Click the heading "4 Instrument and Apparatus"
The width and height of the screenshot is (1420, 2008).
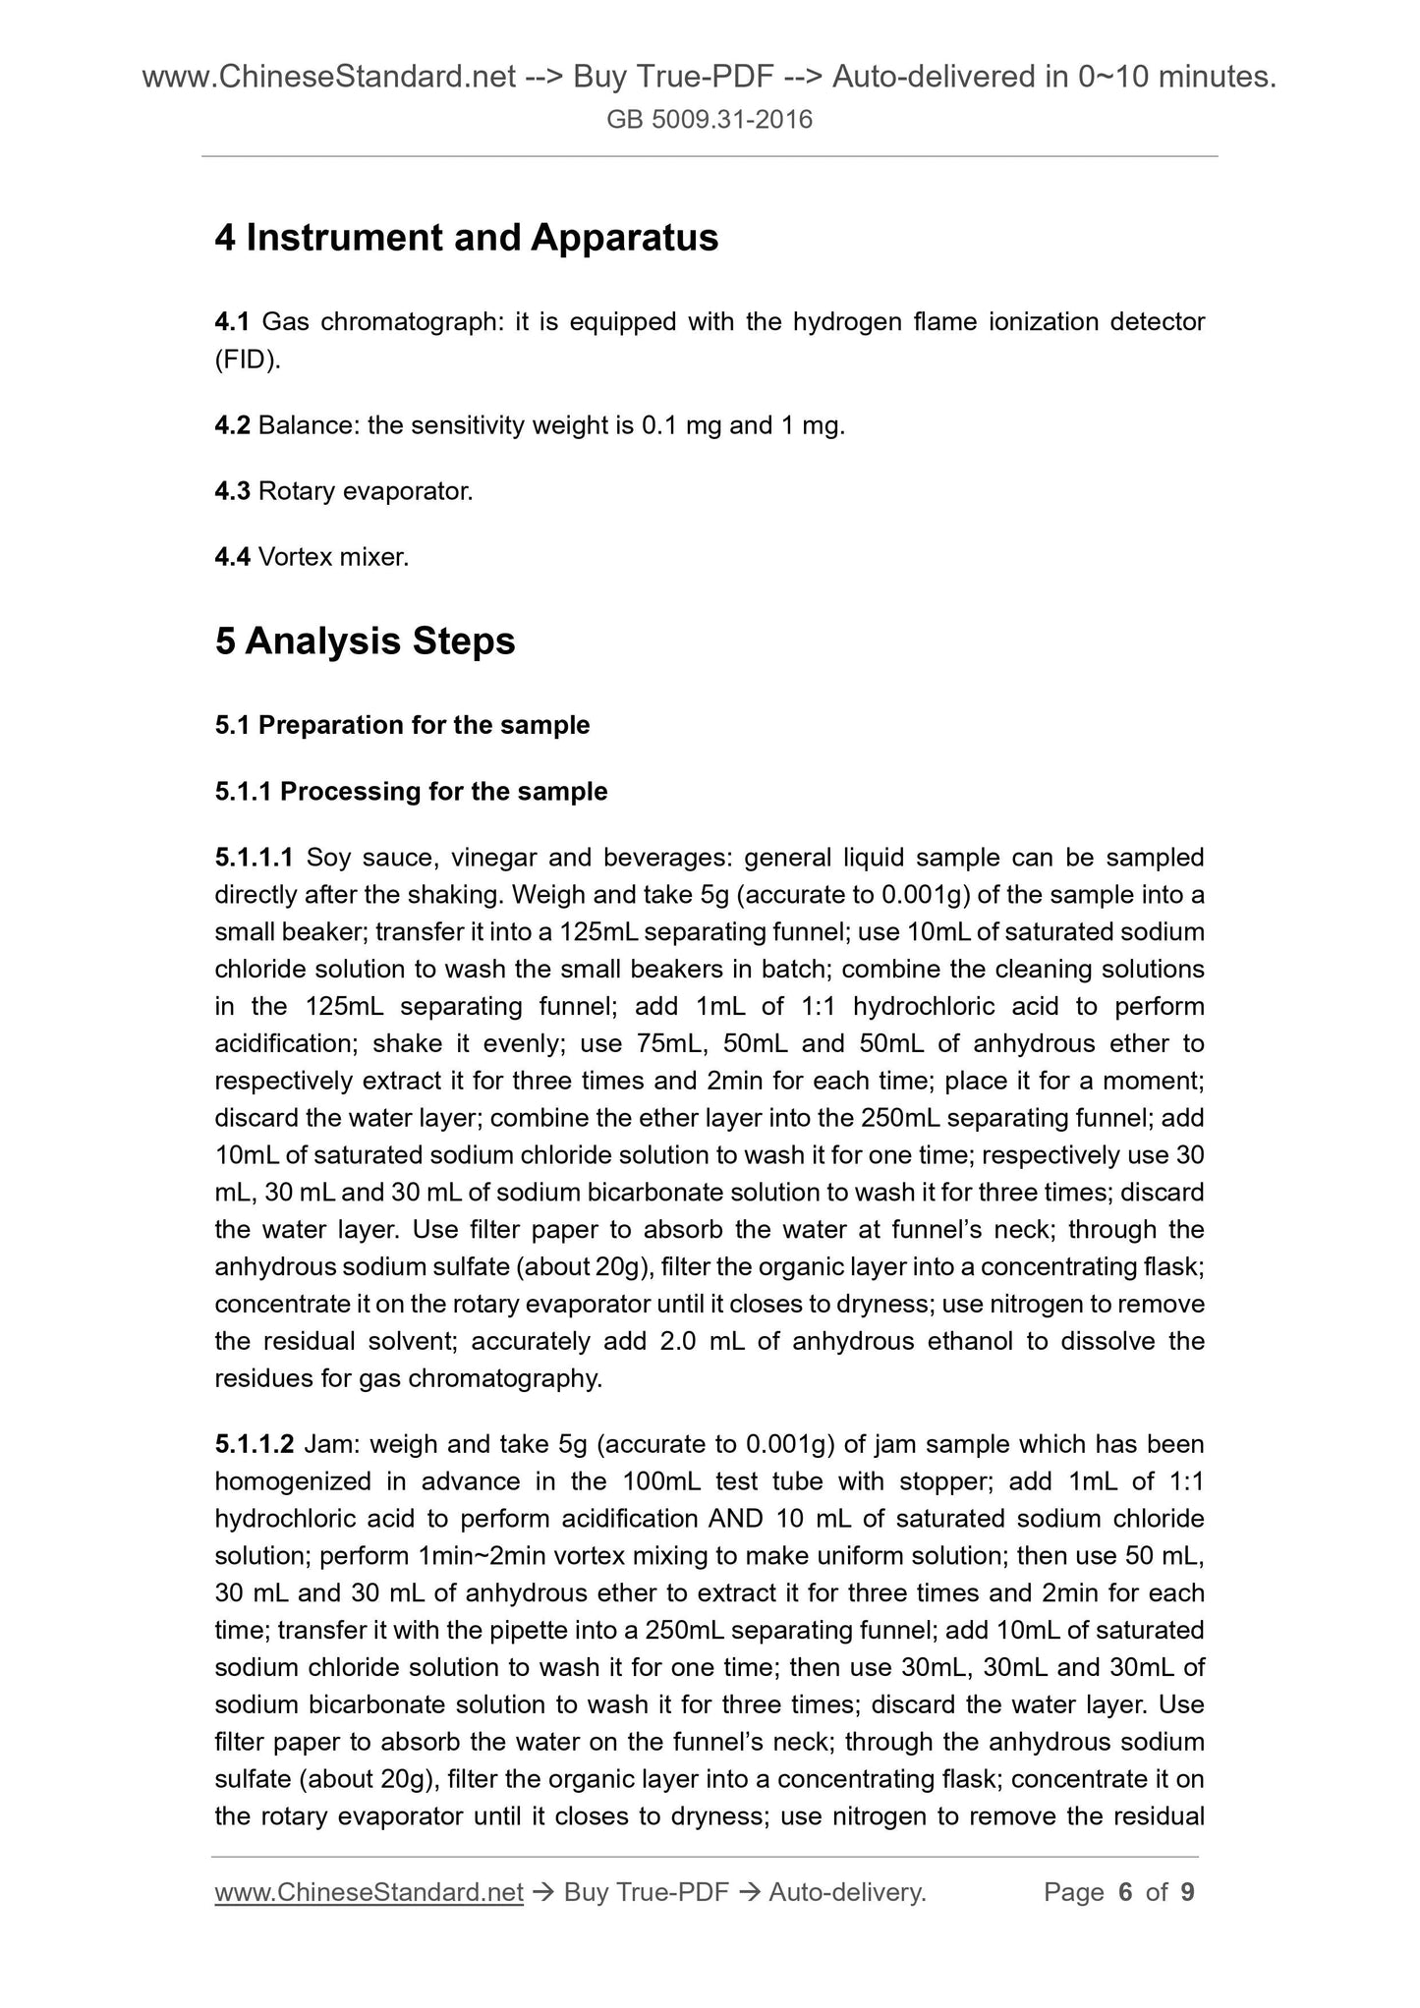coord(466,238)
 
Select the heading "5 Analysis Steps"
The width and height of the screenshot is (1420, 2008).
coord(365,641)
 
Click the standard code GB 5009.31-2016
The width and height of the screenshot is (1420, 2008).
coord(710,120)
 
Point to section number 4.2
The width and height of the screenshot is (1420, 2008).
coord(232,425)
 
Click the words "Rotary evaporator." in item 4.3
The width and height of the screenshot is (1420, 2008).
coord(366,491)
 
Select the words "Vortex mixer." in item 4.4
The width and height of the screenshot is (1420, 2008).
coord(333,557)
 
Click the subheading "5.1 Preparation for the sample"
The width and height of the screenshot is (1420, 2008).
coord(402,725)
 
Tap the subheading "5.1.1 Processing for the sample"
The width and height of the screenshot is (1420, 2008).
coord(411,791)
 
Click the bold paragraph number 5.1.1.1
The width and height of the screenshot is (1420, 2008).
coord(254,858)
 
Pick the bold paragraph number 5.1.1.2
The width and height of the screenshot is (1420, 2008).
coord(254,1444)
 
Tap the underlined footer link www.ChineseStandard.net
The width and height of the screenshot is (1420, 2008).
coord(369,1892)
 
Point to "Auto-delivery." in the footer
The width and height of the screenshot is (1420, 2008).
coord(847,1892)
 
